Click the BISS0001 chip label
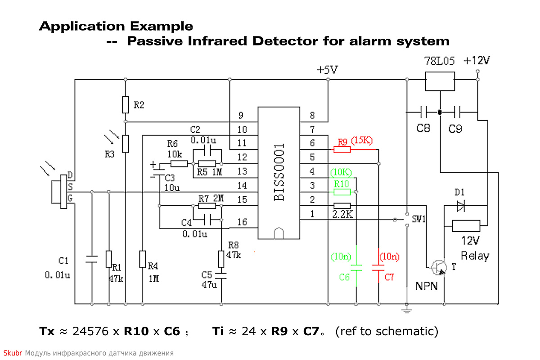tap(279, 172)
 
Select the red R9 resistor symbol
tap(342, 149)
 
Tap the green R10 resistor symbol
tap(342, 192)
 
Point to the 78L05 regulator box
tap(440, 81)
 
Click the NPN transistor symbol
tap(439, 267)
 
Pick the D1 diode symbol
tap(461, 206)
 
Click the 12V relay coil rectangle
tap(466, 226)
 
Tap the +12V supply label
tap(477, 60)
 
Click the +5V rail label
tap(328, 70)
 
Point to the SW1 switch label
tap(419, 219)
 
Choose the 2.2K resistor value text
tap(342, 214)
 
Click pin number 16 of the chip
tap(242, 222)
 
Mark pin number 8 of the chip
tap(312, 116)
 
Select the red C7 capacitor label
tap(389, 277)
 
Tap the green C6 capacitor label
tap(344, 277)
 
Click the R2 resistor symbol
tap(126, 105)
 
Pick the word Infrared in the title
tap(217, 41)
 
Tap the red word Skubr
tap(13, 353)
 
